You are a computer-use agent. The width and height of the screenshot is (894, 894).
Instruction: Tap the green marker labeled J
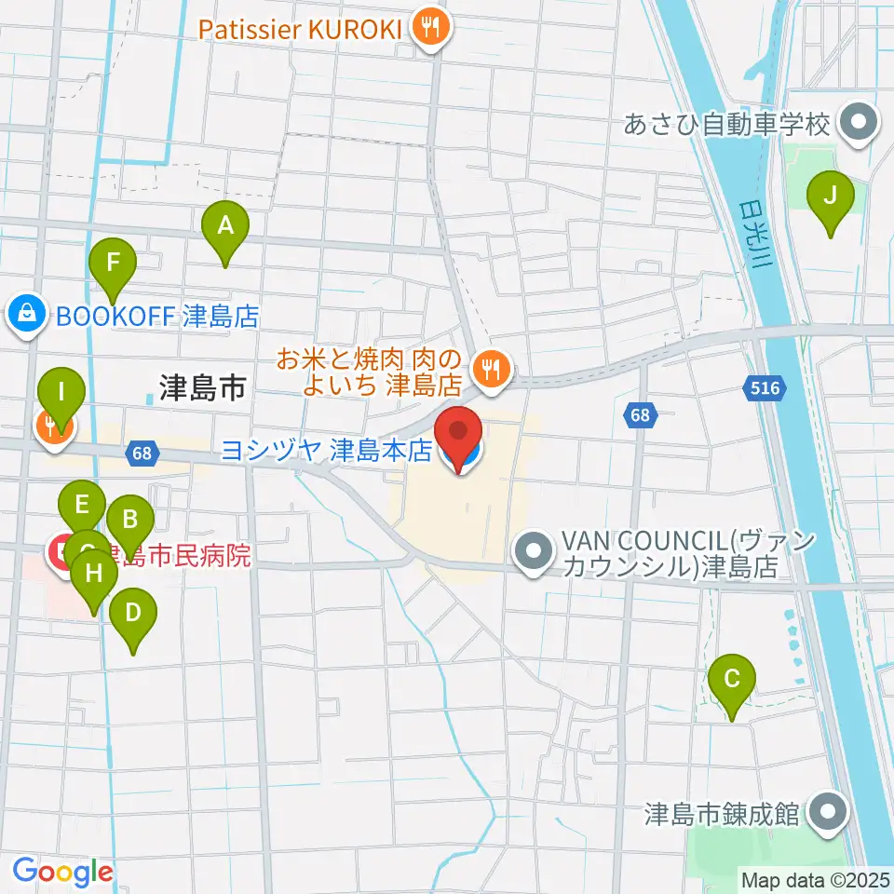(830, 197)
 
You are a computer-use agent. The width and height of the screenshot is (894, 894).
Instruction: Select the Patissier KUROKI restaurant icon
(430, 28)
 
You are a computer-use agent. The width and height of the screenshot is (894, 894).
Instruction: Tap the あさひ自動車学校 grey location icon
(854, 123)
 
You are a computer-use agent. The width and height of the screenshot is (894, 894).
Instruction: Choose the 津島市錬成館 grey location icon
(826, 812)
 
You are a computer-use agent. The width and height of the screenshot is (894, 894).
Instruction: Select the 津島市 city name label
(202, 388)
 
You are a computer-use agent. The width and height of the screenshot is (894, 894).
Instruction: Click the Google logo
(62, 873)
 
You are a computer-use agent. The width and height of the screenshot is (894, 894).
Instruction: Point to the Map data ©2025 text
(815, 878)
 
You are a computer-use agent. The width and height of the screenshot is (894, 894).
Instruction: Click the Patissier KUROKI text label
(299, 28)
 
